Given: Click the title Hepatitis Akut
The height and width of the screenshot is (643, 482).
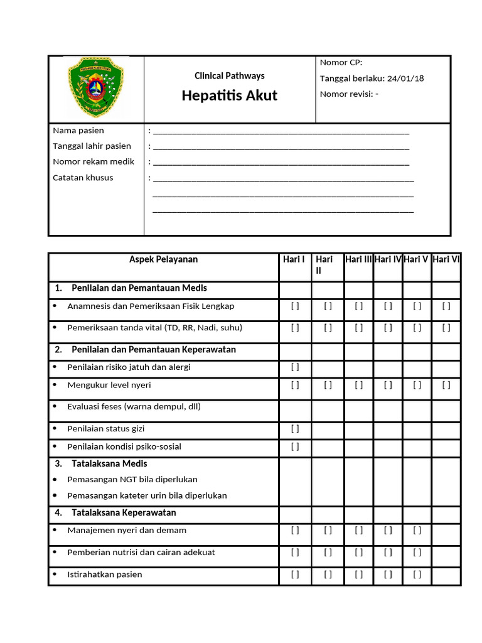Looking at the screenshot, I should coord(229,96).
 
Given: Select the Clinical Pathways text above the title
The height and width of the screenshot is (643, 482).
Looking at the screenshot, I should coord(229,76).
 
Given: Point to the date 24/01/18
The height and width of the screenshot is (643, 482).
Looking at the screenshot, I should coord(405,78).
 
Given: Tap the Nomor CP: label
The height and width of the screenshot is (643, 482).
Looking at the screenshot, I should coord(341,62).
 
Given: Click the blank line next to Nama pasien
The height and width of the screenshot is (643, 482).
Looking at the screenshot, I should coord(281,131).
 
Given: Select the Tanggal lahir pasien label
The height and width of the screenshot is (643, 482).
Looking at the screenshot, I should coord(92,146).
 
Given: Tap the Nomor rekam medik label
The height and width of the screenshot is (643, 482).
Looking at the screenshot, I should coord(94,162).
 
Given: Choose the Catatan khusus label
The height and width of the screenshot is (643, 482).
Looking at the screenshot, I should coord(83,178).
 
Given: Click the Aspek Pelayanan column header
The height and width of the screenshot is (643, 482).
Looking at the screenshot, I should coord(163,259).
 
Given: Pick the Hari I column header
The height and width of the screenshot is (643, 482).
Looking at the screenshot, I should coord(294,259).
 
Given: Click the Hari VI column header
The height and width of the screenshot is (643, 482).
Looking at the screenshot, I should coord(446,259).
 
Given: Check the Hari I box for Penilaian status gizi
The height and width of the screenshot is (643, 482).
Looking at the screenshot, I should coord(295,429).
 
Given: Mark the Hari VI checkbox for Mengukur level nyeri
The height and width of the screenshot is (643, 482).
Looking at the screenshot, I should coord(446,386).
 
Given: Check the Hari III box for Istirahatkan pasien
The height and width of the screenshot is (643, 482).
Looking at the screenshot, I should coord(358,575).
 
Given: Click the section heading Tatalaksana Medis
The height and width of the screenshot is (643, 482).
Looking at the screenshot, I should coord(109,463).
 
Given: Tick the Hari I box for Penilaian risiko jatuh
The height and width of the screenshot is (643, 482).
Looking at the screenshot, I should coord(295,367).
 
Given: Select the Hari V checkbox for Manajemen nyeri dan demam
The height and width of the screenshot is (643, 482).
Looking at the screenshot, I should coord(417,531).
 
